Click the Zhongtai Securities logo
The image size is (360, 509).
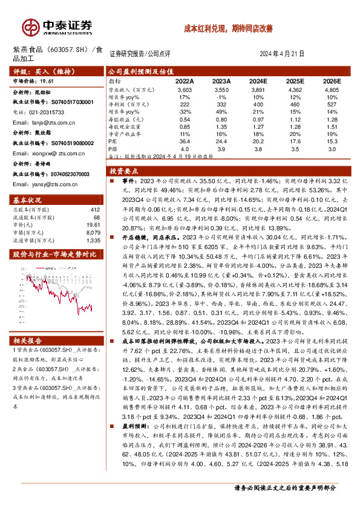(x=57, y=27)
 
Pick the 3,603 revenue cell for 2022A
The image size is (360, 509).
(x=185, y=89)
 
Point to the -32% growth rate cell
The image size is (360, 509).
(x=185, y=111)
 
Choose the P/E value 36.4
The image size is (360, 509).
(x=185, y=140)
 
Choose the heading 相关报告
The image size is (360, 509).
(x=28, y=341)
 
